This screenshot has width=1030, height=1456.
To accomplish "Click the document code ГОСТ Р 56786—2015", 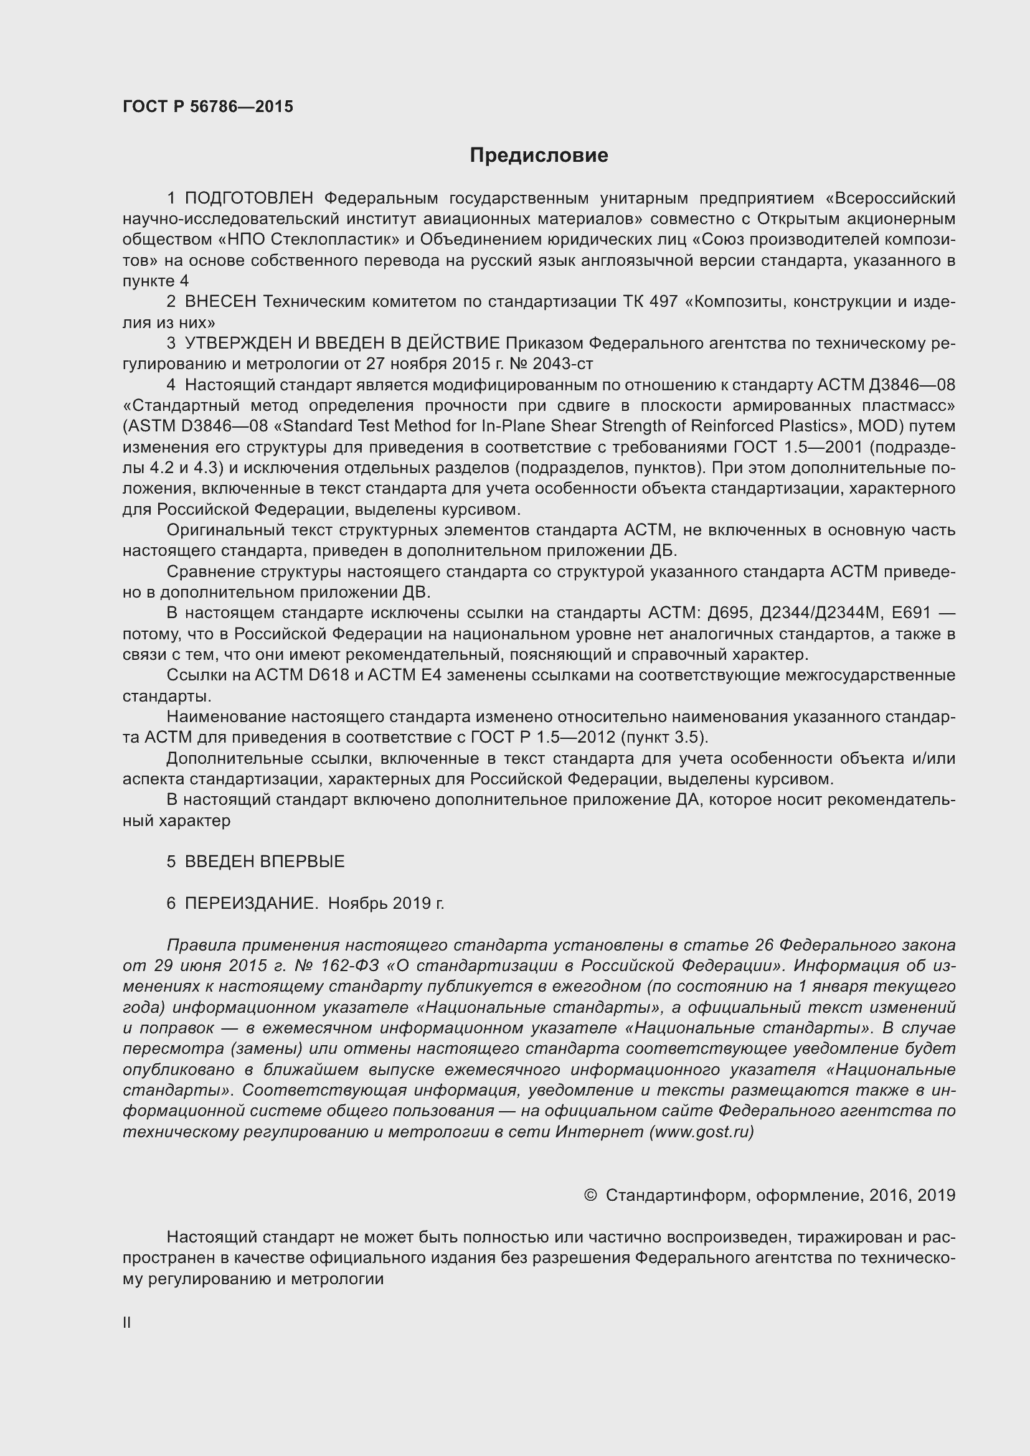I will [207, 106].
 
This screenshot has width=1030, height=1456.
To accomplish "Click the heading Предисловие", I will [539, 156].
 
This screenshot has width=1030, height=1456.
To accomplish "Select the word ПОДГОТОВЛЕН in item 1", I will [249, 199].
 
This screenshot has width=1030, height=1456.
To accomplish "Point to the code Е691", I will [911, 613].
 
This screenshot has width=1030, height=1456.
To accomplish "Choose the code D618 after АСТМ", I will [329, 675].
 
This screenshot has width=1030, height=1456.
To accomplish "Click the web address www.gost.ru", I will [701, 1132].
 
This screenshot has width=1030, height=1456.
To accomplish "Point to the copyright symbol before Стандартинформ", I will [590, 1195].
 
